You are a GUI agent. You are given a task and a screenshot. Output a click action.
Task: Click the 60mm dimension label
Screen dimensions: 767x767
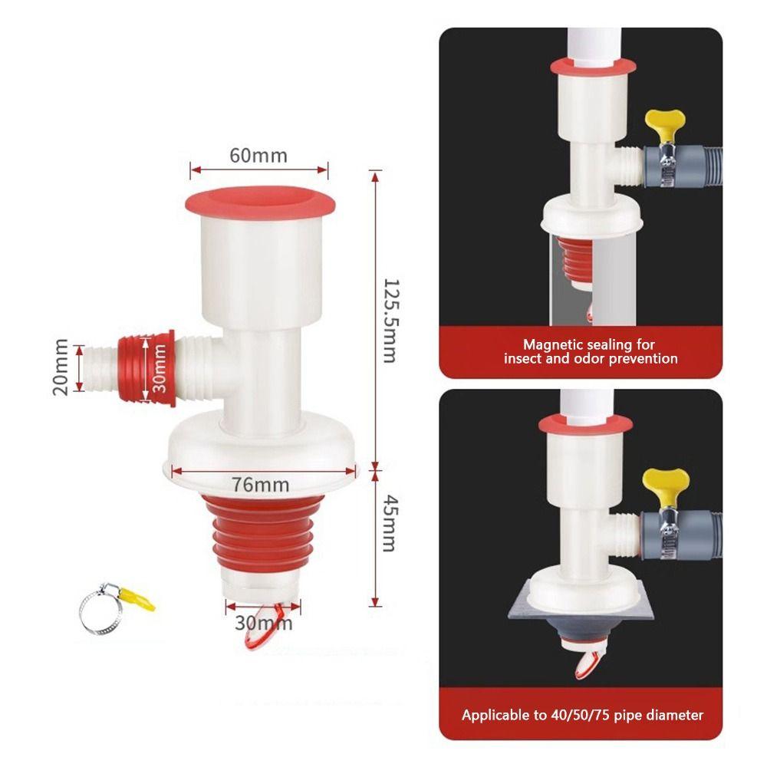pyautogui.click(x=258, y=156)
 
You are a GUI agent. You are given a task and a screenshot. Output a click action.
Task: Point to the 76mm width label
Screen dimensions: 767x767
pyautogui.click(x=260, y=484)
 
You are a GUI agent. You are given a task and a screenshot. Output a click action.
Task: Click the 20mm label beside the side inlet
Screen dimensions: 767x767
pyautogui.click(x=61, y=367)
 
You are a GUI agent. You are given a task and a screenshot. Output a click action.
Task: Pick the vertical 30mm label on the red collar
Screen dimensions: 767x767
pyautogui.click(x=159, y=367)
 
